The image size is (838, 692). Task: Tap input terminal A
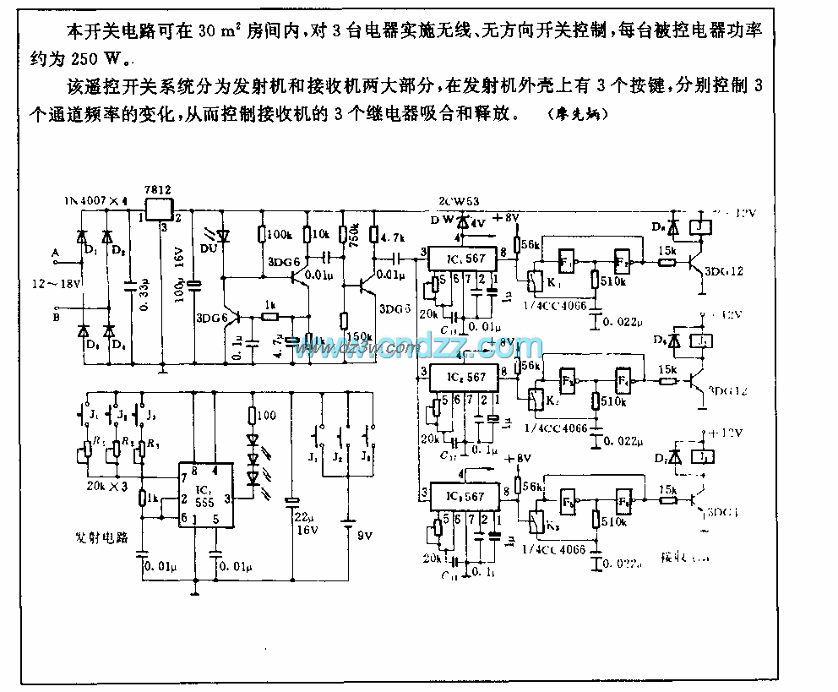pos(55,253)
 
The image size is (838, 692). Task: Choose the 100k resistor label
pos(280,233)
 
